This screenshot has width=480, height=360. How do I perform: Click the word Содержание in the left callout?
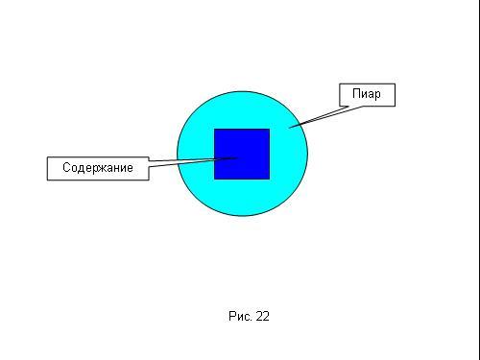pyautogui.click(x=98, y=167)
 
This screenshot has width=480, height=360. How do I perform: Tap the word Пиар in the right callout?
pyautogui.click(x=367, y=94)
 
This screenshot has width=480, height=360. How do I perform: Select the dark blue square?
pyautogui.click(x=242, y=154)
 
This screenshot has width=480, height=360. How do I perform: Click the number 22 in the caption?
pyautogui.click(x=263, y=316)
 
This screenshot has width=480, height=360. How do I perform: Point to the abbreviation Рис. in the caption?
pyautogui.click(x=240, y=316)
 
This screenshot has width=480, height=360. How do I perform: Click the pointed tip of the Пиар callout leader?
pyautogui.click(x=289, y=128)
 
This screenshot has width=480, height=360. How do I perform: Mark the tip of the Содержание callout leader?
pyautogui.click(x=238, y=157)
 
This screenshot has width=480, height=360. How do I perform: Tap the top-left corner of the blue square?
pyautogui.click(x=214, y=129)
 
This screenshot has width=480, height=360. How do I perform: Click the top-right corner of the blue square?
pyautogui.click(x=270, y=129)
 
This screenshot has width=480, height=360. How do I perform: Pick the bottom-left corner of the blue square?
pyautogui.click(x=214, y=180)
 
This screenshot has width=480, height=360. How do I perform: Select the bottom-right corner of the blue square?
pyautogui.click(x=270, y=180)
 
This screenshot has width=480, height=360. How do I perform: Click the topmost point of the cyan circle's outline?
pyautogui.click(x=242, y=91)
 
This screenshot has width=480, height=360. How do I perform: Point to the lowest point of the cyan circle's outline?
pyautogui.click(x=242, y=216)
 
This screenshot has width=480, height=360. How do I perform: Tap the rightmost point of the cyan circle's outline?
pyautogui.click(x=308, y=154)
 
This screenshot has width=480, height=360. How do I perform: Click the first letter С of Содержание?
pyautogui.click(x=66, y=167)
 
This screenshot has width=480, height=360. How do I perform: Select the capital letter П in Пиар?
pyautogui.click(x=356, y=93)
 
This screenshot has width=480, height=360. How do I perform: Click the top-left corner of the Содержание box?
pyautogui.click(x=47, y=156)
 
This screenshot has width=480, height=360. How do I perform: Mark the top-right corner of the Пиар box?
pyautogui.click(x=396, y=84)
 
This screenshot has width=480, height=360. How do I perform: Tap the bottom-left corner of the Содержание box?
pyautogui.click(x=47, y=180)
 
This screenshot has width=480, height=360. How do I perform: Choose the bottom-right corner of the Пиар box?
pyautogui.click(x=396, y=106)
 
